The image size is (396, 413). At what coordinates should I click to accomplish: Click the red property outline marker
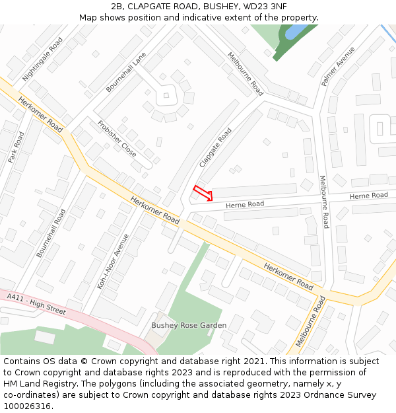pos(203,193)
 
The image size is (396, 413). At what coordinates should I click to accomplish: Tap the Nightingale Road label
pos(43,59)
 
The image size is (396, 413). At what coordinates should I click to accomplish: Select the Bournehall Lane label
pos(125,73)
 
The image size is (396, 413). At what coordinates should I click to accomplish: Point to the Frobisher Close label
pos(117,139)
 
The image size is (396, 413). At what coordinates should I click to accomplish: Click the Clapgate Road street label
pos(216,147)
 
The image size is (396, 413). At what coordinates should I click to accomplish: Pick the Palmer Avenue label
pos(338,66)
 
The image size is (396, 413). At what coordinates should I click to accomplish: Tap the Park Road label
pos(16,147)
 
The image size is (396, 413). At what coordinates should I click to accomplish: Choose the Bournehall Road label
pos(51,233)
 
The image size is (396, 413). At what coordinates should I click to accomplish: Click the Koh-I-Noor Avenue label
pos(113,262)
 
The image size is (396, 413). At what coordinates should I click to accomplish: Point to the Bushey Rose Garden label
pos(189,325)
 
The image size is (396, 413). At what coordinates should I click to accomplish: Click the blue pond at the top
pos(295,31)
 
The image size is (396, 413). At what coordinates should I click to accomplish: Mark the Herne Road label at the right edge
pos(368,196)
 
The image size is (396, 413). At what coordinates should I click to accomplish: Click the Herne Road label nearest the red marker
pos(245,205)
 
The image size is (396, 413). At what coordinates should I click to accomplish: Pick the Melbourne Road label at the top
pos(245,74)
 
